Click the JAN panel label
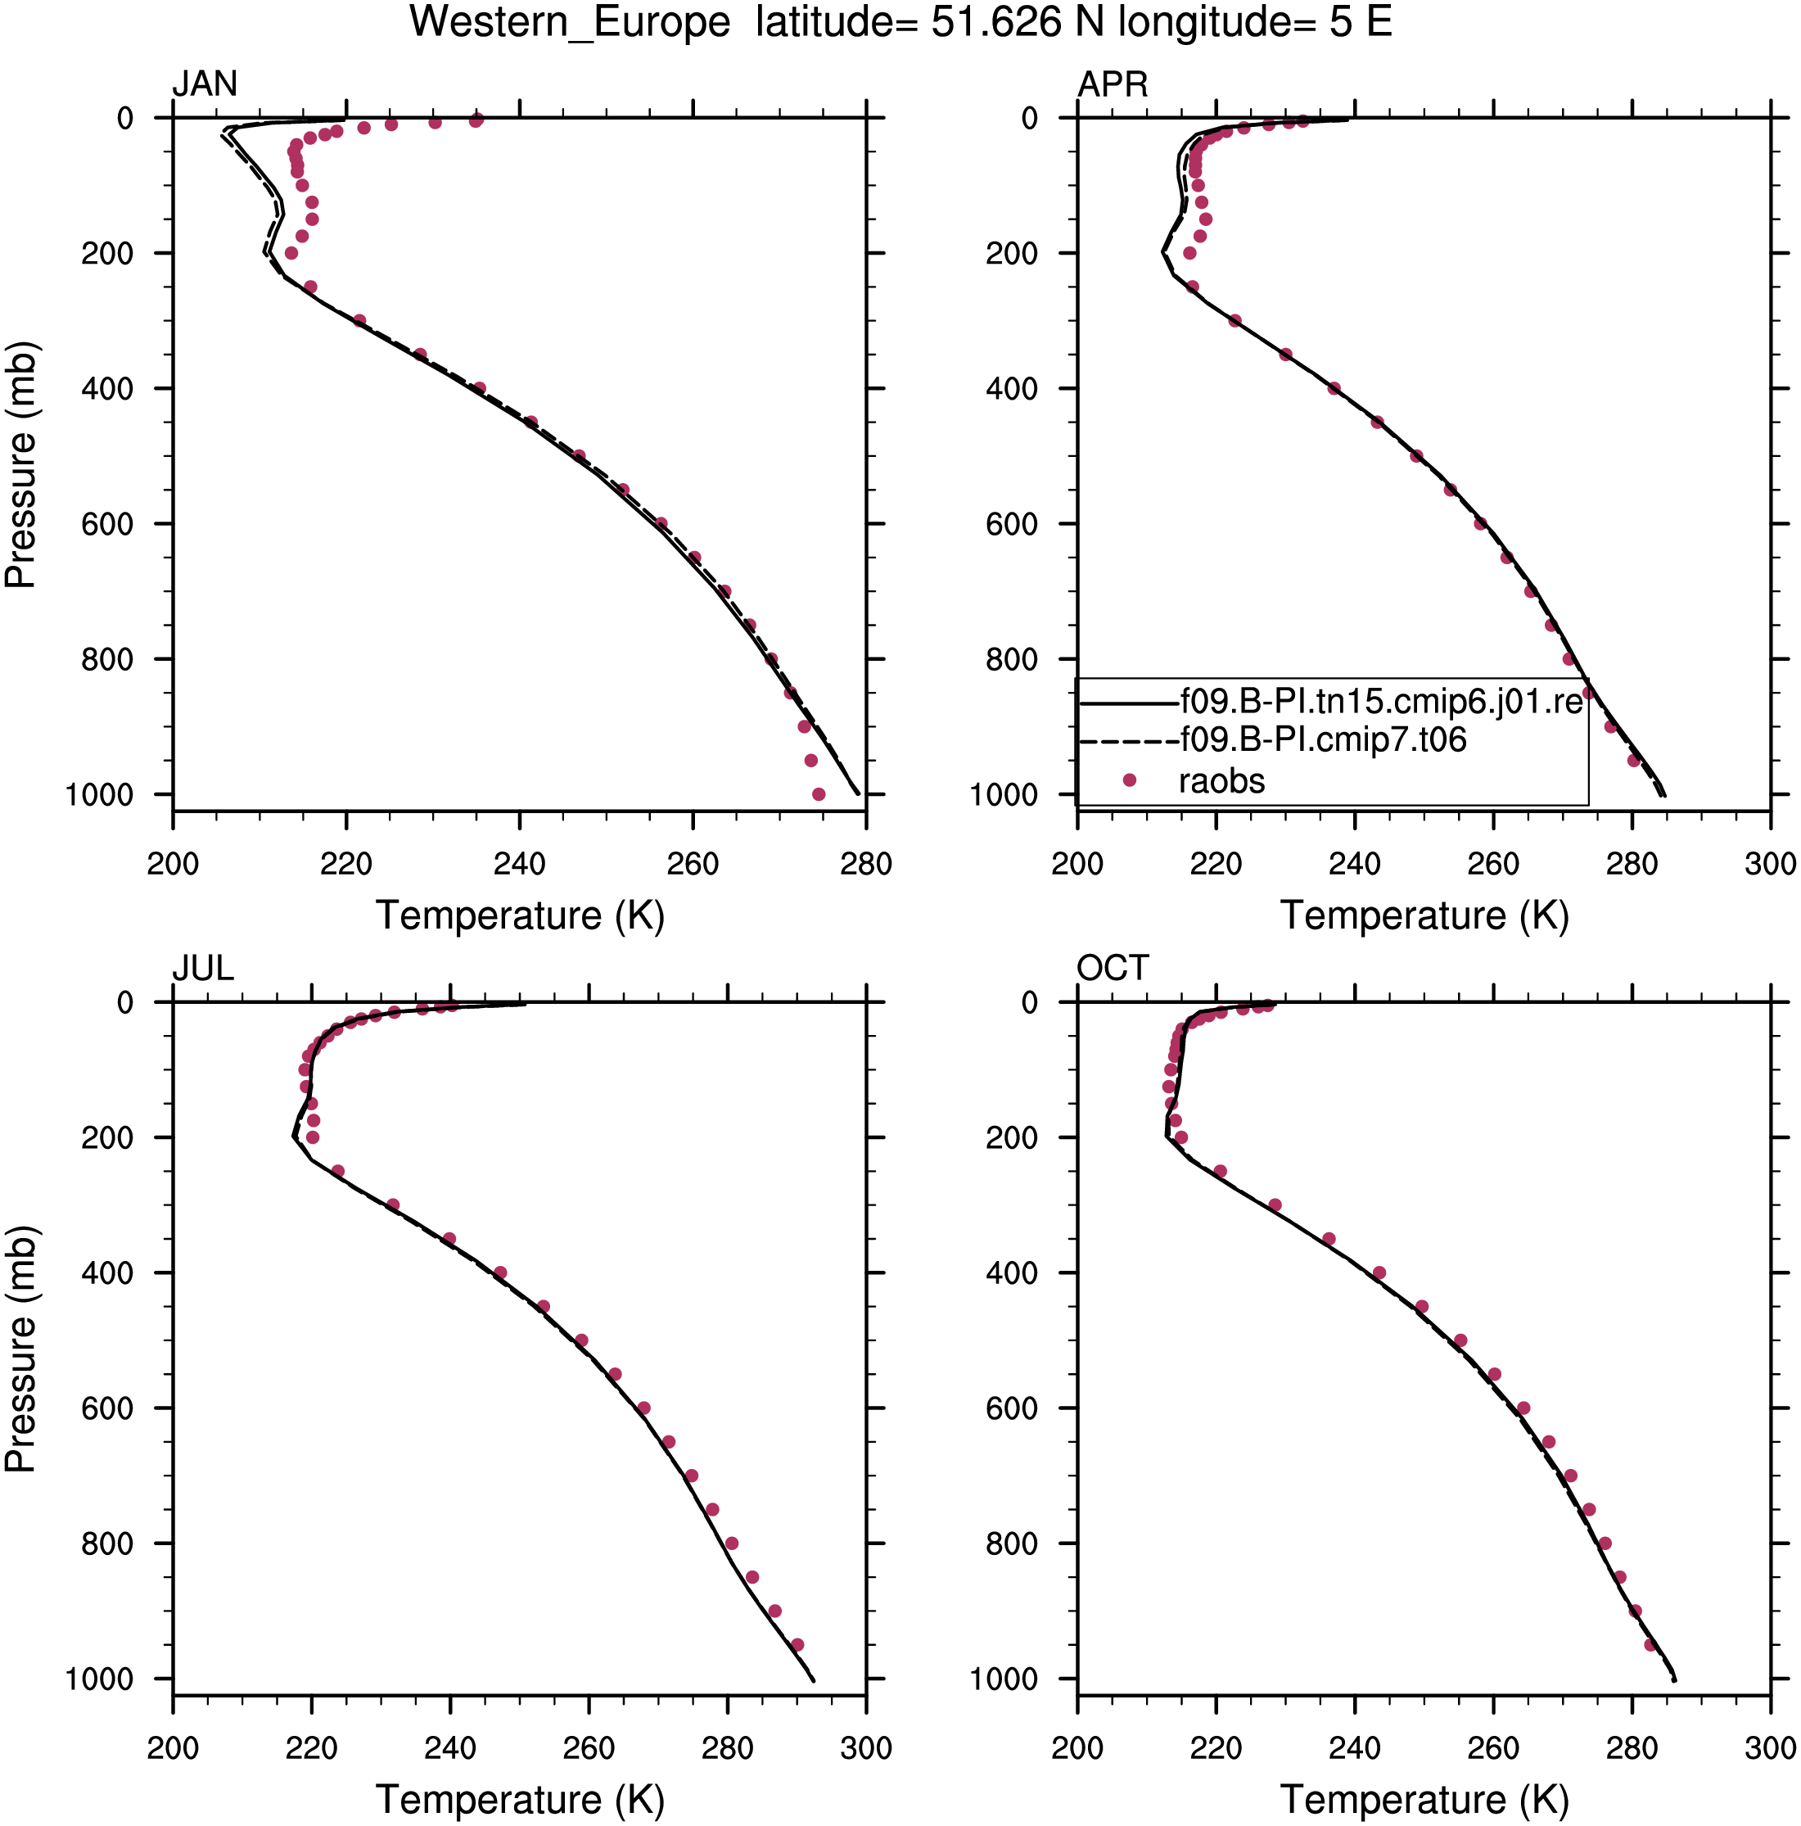pos(204,84)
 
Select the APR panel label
pos(1113,84)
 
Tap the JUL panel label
pos(203,969)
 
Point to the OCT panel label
pos(1113,969)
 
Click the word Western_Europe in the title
pos(570,23)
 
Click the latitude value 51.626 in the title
pos(996,22)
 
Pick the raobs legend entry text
pos(1221,780)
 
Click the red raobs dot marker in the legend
pos(1128,780)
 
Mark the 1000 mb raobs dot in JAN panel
pos(819,794)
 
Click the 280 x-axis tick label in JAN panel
pos(865,864)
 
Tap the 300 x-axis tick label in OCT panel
pos(1770,1748)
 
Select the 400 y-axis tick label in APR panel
pos(1012,388)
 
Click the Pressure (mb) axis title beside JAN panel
pos(20,465)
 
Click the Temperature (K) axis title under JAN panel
pos(520,915)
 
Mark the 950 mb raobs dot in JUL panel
pos(797,1644)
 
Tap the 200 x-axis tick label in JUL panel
pos(173,1748)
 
